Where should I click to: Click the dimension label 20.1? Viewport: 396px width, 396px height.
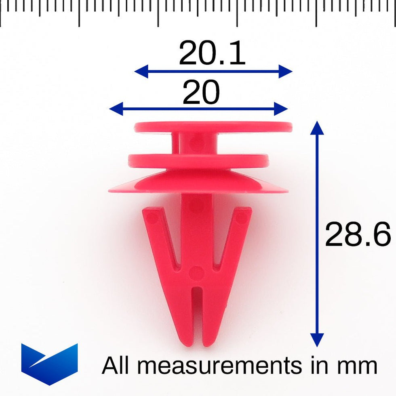coord(212,54)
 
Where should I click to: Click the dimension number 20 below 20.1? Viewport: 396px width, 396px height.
coord(201,93)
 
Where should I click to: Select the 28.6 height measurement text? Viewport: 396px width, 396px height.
coord(358,235)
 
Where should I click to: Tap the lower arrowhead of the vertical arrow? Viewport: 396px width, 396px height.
coord(317,340)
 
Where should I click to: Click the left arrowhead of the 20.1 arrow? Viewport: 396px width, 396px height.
coord(140,72)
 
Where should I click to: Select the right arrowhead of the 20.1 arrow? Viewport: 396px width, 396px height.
coord(286,72)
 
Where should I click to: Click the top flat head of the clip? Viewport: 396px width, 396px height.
coord(213,127)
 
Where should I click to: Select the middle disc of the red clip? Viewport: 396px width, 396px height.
coord(198,160)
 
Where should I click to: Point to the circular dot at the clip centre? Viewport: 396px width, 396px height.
coord(197,273)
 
